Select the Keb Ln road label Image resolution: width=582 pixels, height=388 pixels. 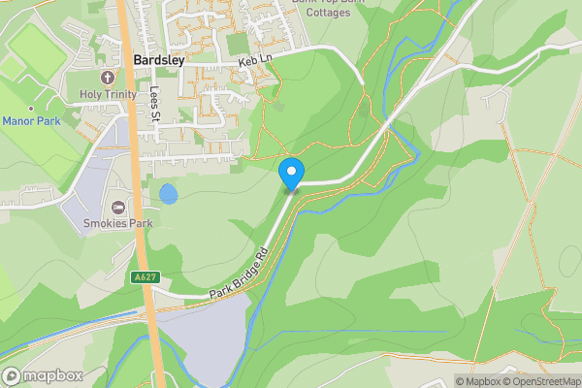click(254, 60)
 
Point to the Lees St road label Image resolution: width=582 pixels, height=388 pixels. click(155, 106)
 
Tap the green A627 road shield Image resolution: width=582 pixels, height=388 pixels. click(145, 277)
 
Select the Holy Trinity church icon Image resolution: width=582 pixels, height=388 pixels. click(106, 77)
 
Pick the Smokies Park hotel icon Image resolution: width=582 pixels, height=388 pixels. click(119, 207)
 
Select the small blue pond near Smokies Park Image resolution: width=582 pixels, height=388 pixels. click(169, 194)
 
